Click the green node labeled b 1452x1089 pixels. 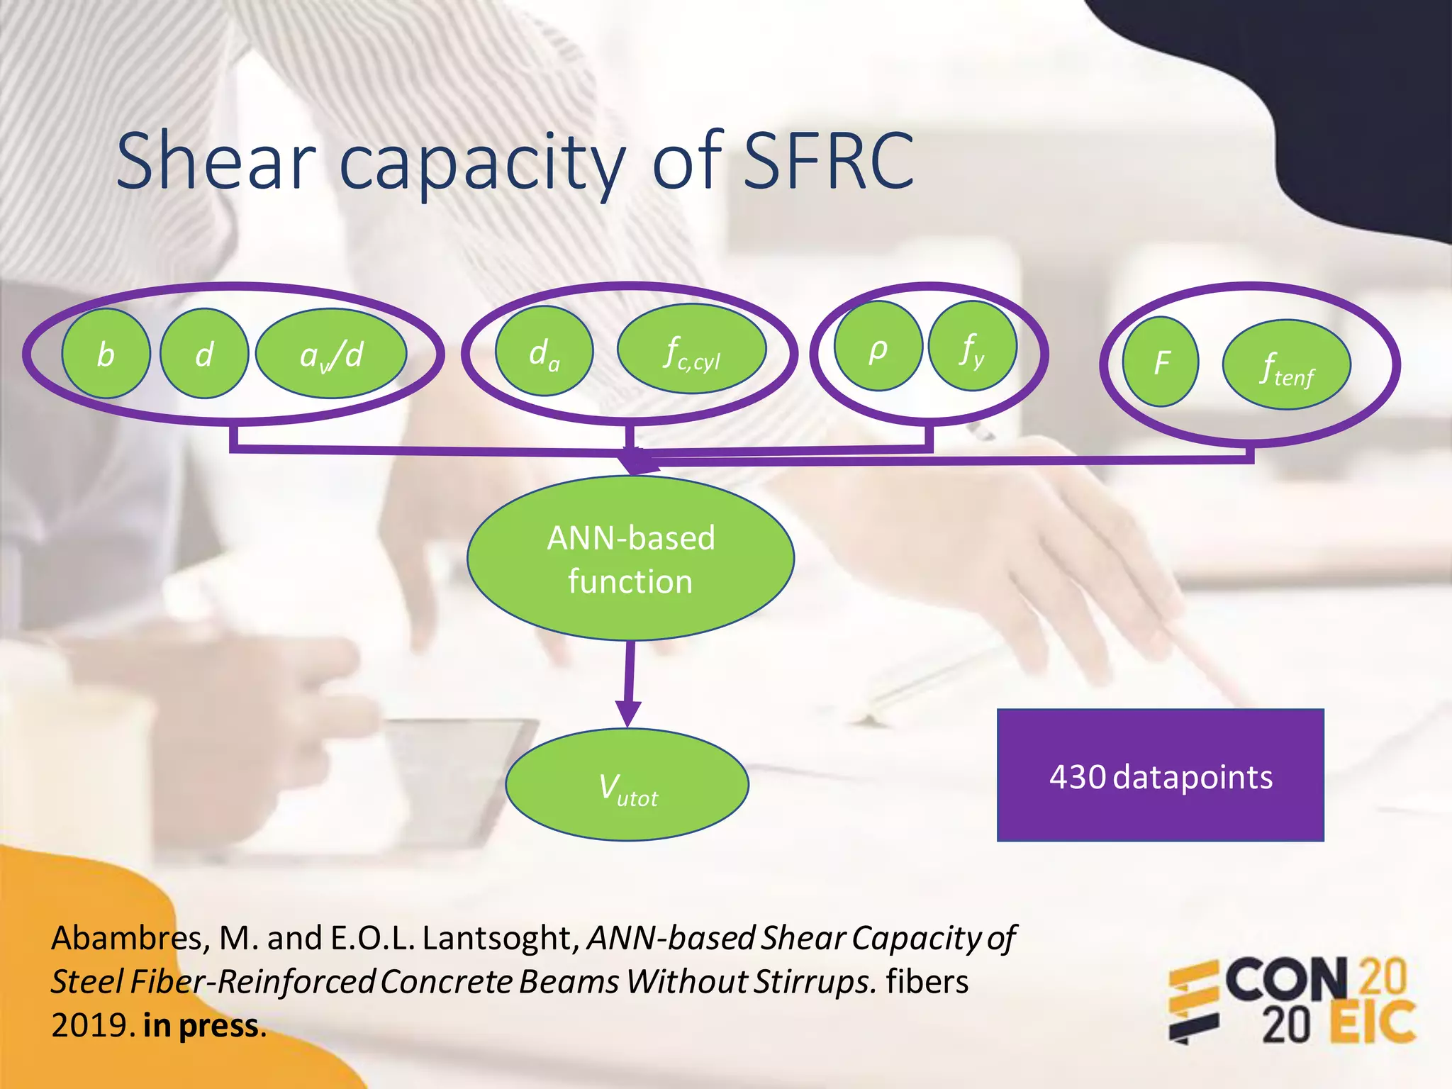coord(106,353)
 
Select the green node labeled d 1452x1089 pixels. coord(204,353)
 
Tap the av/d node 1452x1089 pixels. coord(331,353)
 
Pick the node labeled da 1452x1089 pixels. coord(544,351)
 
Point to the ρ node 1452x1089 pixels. coord(878,346)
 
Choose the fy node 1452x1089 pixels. coord(973,346)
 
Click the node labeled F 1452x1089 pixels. coord(1161,362)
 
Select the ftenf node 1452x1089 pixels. coord(1287,365)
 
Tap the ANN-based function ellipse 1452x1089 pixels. coord(630,559)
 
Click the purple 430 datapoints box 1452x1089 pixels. coord(1161,776)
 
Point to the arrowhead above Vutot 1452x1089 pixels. coord(628,713)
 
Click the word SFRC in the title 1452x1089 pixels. coord(829,162)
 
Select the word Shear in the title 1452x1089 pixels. coord(216,162)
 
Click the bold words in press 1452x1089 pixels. coord(201,1026)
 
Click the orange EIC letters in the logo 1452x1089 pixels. coord(1373,1022)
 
